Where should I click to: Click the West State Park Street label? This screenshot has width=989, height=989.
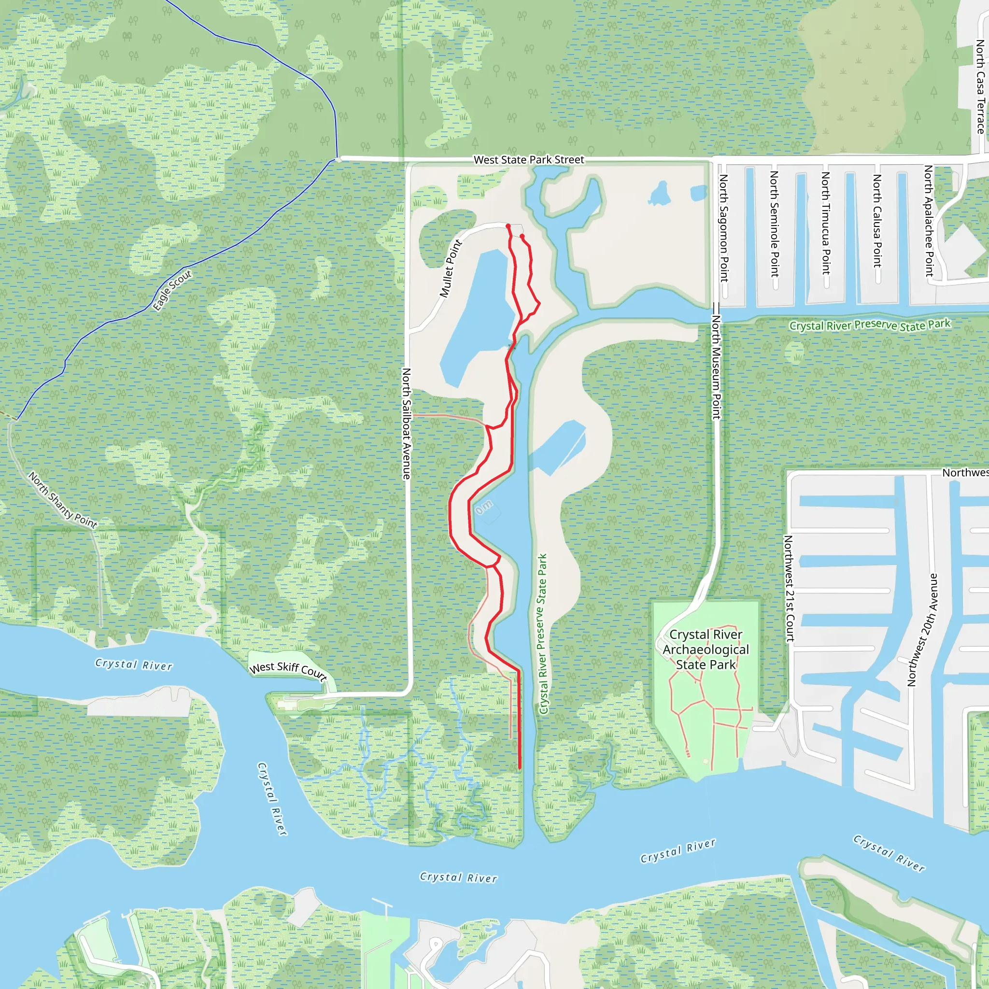pyautogui.click(x=528, y=160)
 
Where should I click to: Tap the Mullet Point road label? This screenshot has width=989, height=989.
pyautogui.click(x=451, y=268)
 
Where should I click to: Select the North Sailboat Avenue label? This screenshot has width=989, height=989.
pyautogui.click(x=407, y=424)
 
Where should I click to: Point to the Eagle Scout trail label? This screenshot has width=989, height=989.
pyautogui.click(x=172, y=290)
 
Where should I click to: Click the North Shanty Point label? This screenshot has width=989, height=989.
pyautogui.click(x=62, y=500)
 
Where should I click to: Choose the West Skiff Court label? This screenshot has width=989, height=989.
pyautogui.click(x=288, y=670)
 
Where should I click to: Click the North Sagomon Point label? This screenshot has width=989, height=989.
pyautogui.click(x=724, y=228)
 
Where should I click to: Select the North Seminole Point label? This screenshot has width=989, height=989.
pyautogui.click(x=775, y=224)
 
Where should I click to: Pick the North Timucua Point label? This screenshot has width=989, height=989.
pyautogui.click(x=826, y=223)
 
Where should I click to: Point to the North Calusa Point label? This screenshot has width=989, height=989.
pyautogui.click(x=877, y=221)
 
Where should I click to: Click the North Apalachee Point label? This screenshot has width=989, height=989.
pyautogui.click(x=929, y=221)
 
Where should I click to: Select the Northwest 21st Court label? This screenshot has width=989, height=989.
pyautogui.click(x=789, y=589)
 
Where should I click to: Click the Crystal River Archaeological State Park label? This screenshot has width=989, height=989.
pyautogui.click(x=706, y=649)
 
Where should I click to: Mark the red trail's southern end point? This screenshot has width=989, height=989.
pyautogui.click(x=520, y=768)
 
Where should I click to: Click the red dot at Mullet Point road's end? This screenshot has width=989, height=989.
pyautogui.click(x=508, y=226)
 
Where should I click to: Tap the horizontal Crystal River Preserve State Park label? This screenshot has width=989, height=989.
pyautogui.click(x=869, y=325)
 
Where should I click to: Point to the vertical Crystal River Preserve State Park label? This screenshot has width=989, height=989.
pyautogui.click(x=543, y=634)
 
